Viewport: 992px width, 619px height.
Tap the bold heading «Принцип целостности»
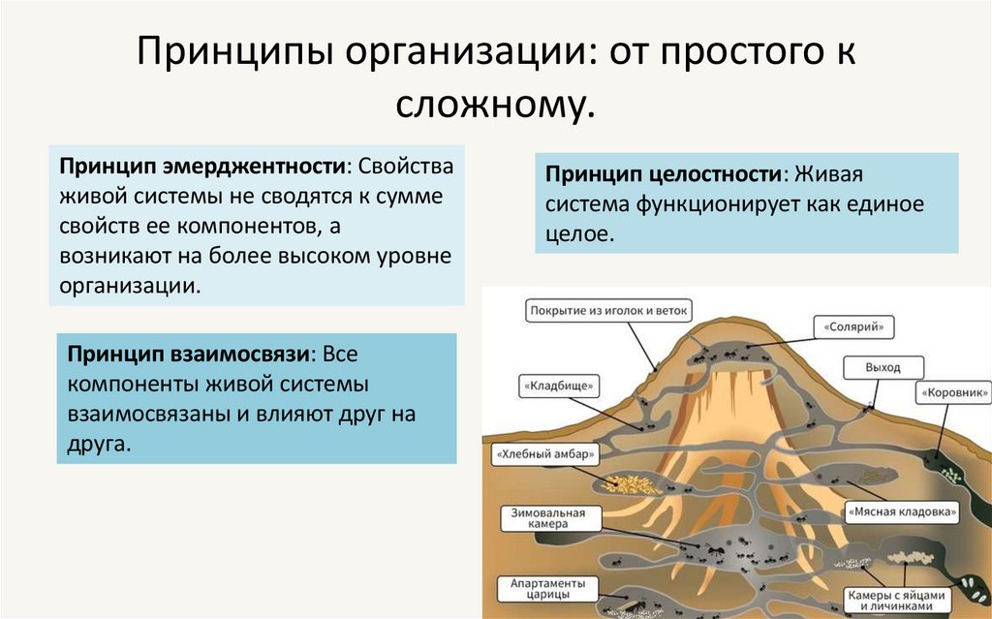(664, 174)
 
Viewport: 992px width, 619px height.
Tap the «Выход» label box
(883, 368)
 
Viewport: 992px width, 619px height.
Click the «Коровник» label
(954, 393)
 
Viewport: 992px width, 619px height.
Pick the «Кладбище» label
(559, 385)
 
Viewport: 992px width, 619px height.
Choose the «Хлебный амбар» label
(542, 452)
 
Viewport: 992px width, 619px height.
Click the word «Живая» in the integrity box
(828, 174)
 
